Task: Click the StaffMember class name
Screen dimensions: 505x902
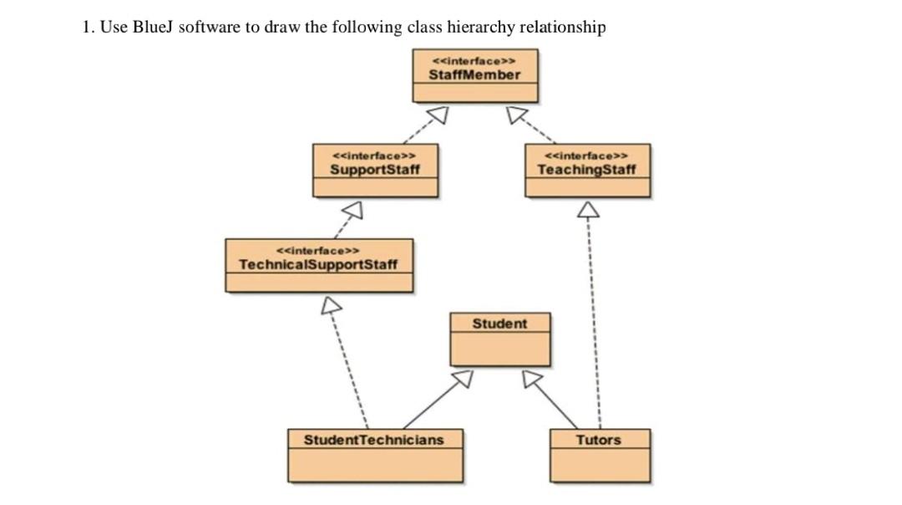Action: coord(474,74)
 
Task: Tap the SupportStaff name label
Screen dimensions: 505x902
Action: coord(374,170)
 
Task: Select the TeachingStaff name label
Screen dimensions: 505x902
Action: coord(586,170)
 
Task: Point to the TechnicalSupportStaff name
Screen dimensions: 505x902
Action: coord(318,265)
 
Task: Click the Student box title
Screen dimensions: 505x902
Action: coord(499,324)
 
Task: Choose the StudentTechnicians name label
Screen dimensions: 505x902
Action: coord(373,440)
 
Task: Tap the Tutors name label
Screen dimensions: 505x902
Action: coord(599,440)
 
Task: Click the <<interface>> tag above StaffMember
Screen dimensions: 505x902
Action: coord(474,61)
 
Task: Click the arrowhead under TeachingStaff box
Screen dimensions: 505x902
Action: coord(589,208)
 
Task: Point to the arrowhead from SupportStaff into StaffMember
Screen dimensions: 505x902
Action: coord(439,114)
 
